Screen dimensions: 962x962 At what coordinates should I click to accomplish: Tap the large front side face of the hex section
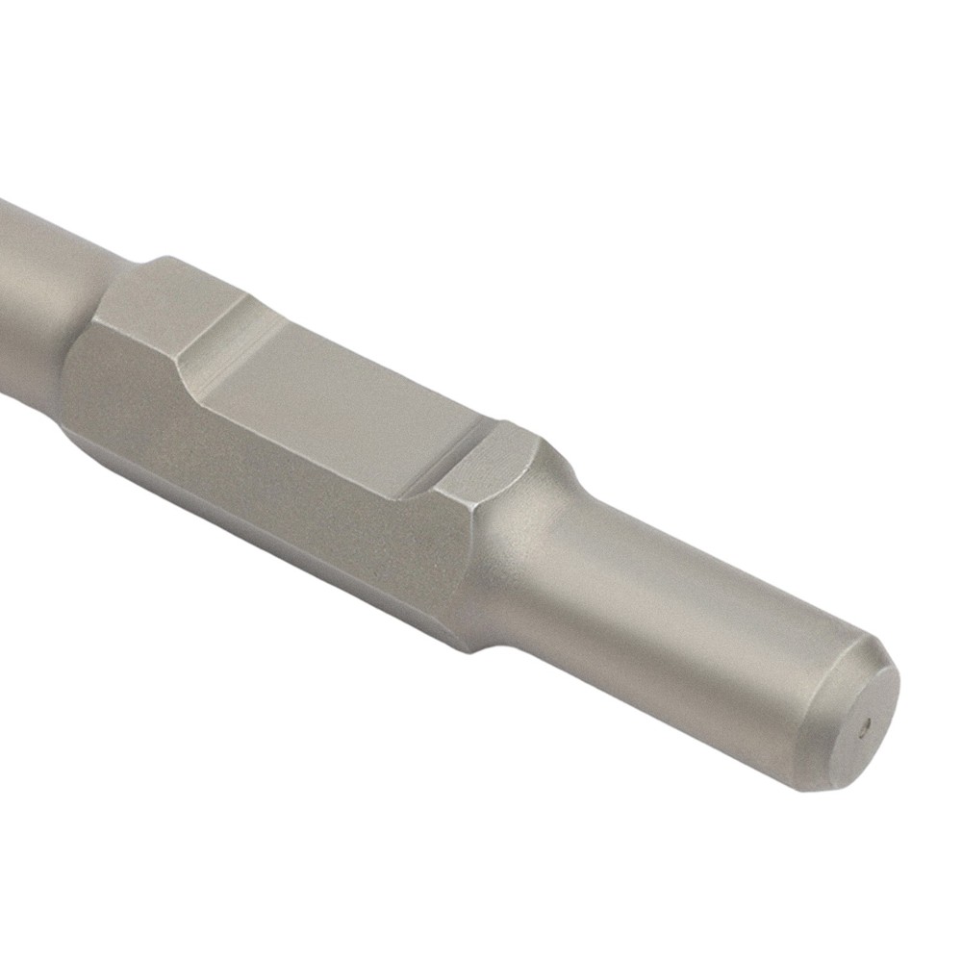289,481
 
